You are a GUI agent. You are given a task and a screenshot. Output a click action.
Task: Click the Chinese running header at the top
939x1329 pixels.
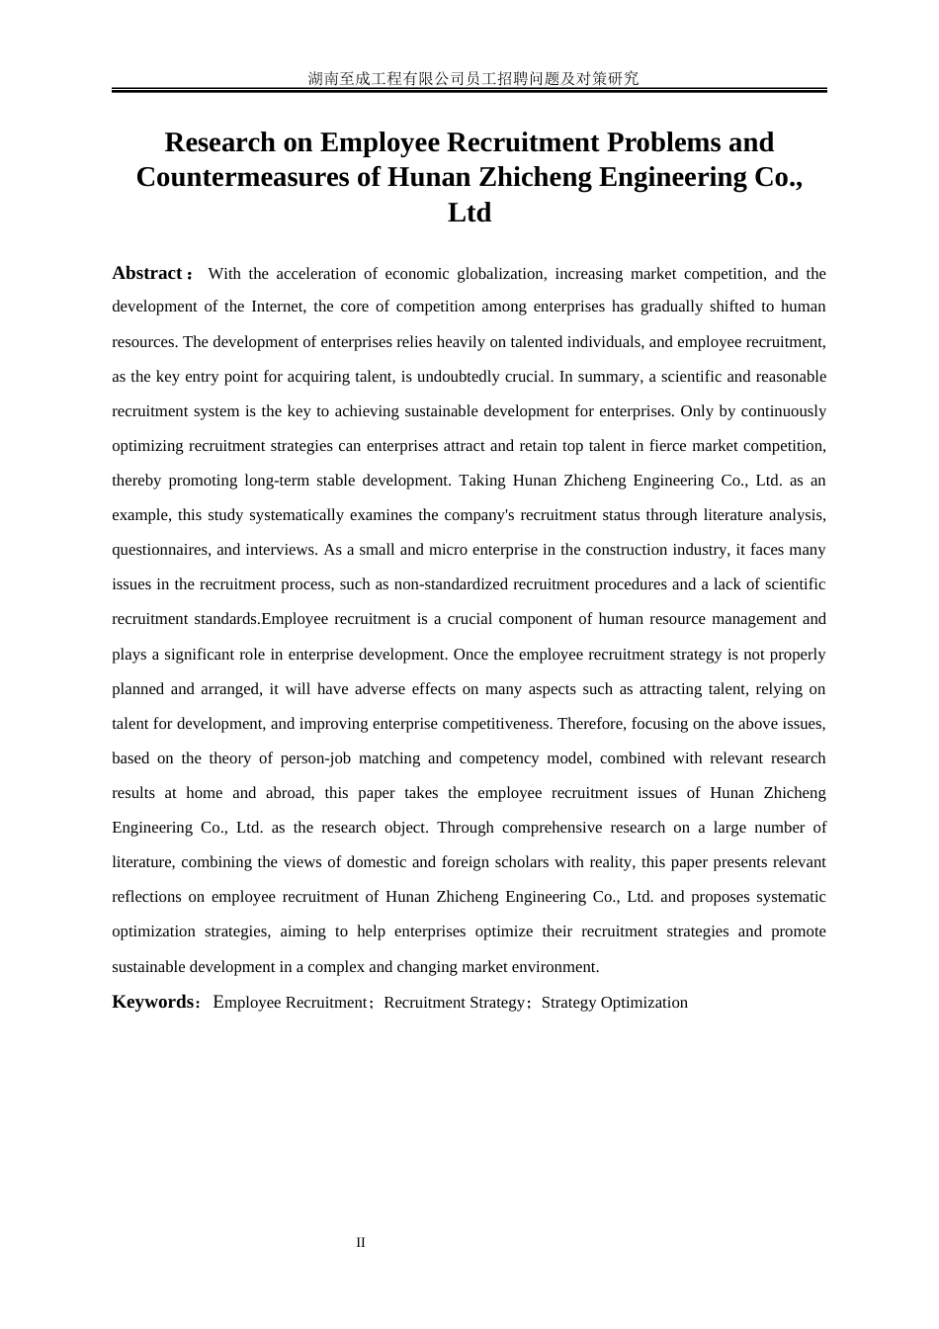click(x=473, y=78)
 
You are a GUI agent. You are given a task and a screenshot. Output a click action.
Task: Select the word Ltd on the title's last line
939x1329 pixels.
click(x=469, y=213)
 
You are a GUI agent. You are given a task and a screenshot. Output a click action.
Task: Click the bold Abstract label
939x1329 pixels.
click(x=147, y=273)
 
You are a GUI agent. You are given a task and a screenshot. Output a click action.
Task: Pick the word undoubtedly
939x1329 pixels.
click(x=457, y=377)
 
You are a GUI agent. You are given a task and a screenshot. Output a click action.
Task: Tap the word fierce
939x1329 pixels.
click(x=668, y=446)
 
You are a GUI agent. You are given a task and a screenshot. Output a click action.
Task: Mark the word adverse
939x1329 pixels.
click(x=381, y=689)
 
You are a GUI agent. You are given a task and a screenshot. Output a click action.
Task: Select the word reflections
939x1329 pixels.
click(x=146, y=897)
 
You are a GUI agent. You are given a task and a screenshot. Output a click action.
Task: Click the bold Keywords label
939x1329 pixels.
click(x=153, y=1002)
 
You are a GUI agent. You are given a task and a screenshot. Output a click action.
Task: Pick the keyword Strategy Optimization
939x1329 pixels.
click(x=615, y=1003)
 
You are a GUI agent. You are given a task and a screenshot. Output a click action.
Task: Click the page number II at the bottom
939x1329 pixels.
click(x=361, y=1243)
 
